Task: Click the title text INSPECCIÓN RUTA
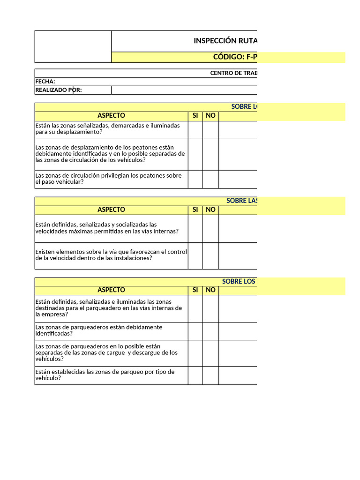(225, 41)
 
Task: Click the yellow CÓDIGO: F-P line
(235, 57)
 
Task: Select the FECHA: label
(45, 82)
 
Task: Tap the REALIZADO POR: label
(59, 90)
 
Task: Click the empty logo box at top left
(73, 46)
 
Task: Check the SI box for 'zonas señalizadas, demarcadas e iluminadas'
(195, 129)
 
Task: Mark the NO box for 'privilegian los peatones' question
(210, 179)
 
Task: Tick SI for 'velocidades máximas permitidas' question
(195, 228)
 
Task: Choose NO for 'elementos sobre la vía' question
(210, 255)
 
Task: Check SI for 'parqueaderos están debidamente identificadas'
(195, 331)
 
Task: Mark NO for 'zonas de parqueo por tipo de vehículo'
(210, 375)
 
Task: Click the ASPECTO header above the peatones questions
(111, 116)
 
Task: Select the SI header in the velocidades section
(195, 210)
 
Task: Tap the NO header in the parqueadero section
(210, 290)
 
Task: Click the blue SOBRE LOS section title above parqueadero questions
(239, 282)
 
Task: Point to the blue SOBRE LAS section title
(241, 201)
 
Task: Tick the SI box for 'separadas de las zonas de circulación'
(195, 154)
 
